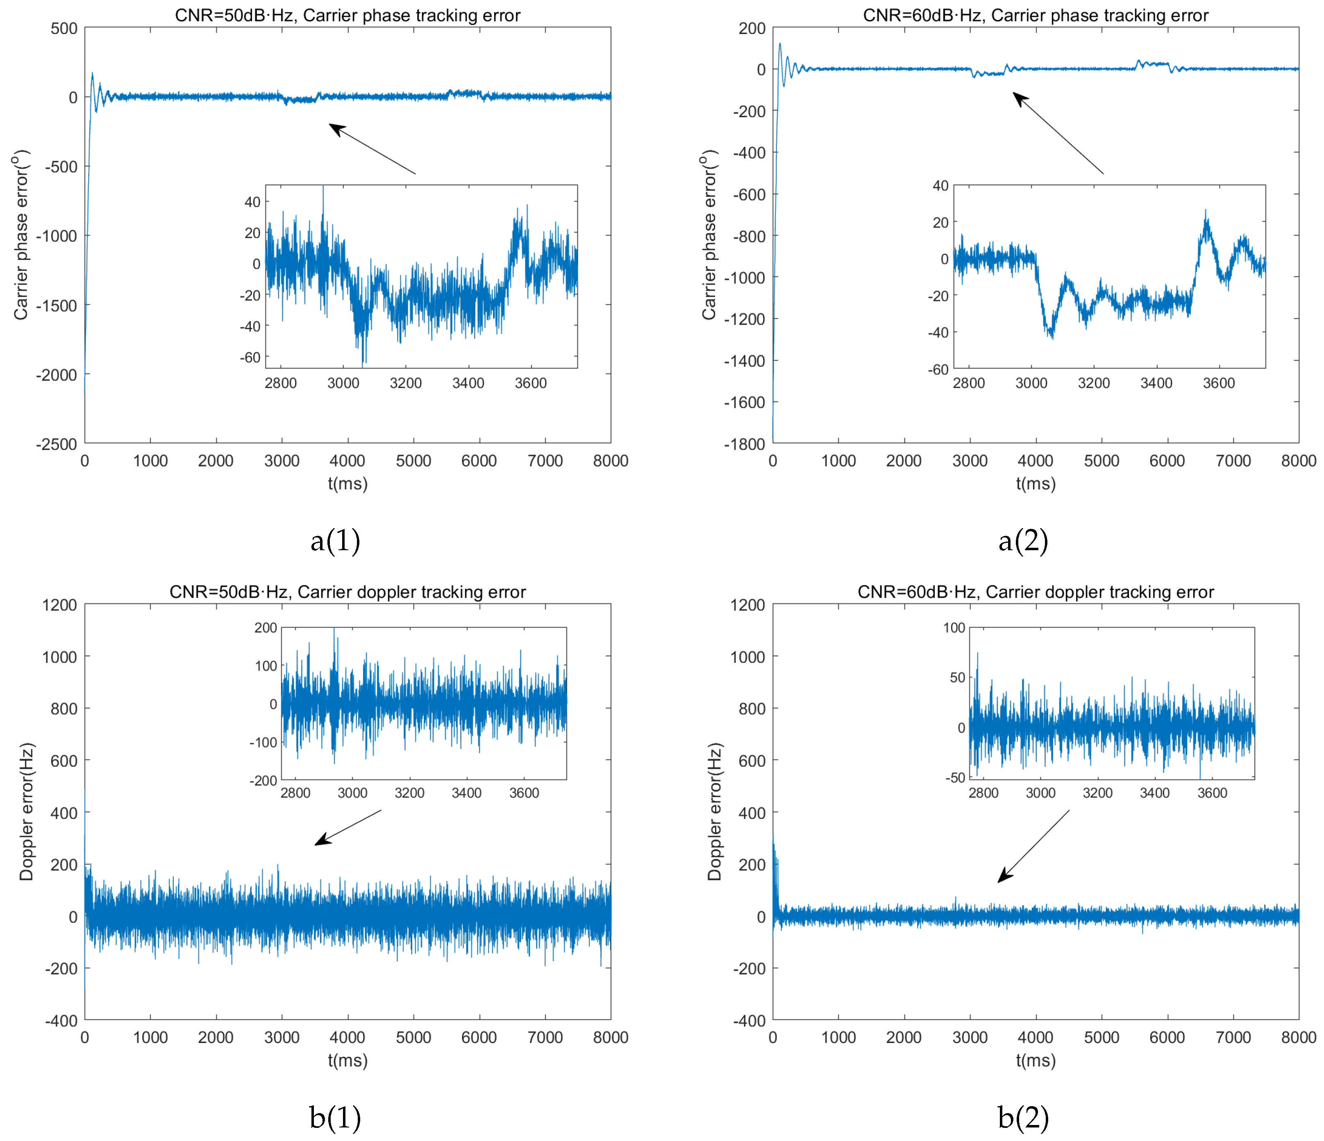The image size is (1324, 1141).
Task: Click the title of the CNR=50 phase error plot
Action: click(347, 15)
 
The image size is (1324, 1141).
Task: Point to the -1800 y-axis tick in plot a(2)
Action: click(745, 444)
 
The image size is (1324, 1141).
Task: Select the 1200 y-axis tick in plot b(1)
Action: click(59, 605)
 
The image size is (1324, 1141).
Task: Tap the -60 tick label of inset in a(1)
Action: click(250, 358)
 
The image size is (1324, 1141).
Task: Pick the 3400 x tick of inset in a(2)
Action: click(1156, 383)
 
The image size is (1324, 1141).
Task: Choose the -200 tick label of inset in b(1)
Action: click(263, 781)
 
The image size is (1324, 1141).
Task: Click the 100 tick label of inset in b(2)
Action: click(954, 628)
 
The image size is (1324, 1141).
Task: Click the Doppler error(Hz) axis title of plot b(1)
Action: click(26, 812)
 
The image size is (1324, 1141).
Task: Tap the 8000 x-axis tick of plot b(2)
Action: click(1299, 1037)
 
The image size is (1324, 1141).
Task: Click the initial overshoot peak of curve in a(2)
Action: click(779, 45)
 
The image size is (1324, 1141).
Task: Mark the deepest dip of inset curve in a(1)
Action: click(363, 364)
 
